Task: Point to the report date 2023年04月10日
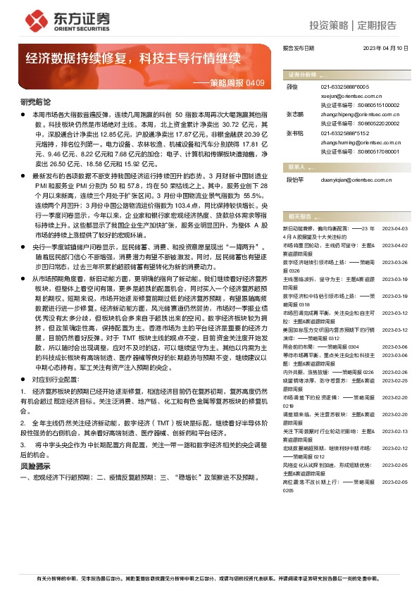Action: click(385, 49)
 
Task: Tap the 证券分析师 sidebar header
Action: click(301, 75)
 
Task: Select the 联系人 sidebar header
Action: click(296, 168)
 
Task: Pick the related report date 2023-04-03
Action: click(394, 209)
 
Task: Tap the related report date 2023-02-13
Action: click(394, 430)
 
